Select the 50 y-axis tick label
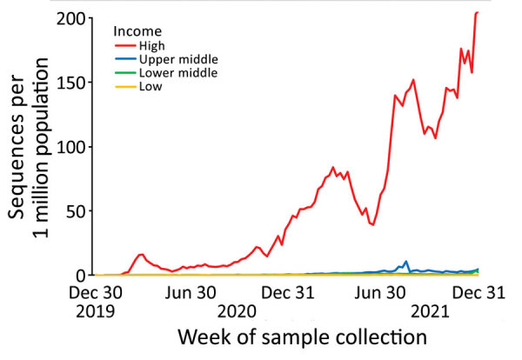coord(77,211)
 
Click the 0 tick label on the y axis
coord(83,275)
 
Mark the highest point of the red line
coord(477,12)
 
